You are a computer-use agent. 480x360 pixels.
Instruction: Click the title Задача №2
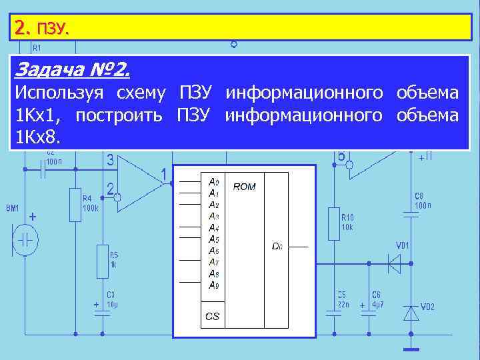pyautogui.click(x=73, y=69)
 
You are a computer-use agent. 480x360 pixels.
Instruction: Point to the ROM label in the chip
pyautogui.click(x=244, y=187)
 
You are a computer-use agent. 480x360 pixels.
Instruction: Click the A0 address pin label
pyautogui.click(x=213, y=181)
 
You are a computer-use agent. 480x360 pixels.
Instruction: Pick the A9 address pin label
pyautogui.click(x=213, y=285)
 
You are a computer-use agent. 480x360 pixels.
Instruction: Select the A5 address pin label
pyautogui.click(x=213, y=239)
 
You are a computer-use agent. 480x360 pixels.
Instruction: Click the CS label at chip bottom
pyautogui.click(x=212, y=317)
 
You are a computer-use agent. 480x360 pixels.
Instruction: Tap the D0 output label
pyautogui.click(x=277, y=246)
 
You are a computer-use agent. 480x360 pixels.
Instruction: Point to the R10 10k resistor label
pyautogui.click(x=348, y=222)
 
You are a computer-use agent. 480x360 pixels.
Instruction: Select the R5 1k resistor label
pyautogui.click(x=114, y=259)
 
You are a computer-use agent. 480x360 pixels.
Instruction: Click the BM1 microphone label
pyautogui.click(x=13, y=209)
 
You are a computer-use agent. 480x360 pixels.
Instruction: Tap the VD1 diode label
pyautogui.click(x=403, y=245)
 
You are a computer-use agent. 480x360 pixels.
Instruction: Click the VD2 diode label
pyautogui.click(x=428, y=307)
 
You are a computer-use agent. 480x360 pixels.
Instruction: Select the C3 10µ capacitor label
pyautogui.click(x=111, y=299)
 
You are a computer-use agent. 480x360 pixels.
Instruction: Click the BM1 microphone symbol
pyautogui.click(x=26, y=241)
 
